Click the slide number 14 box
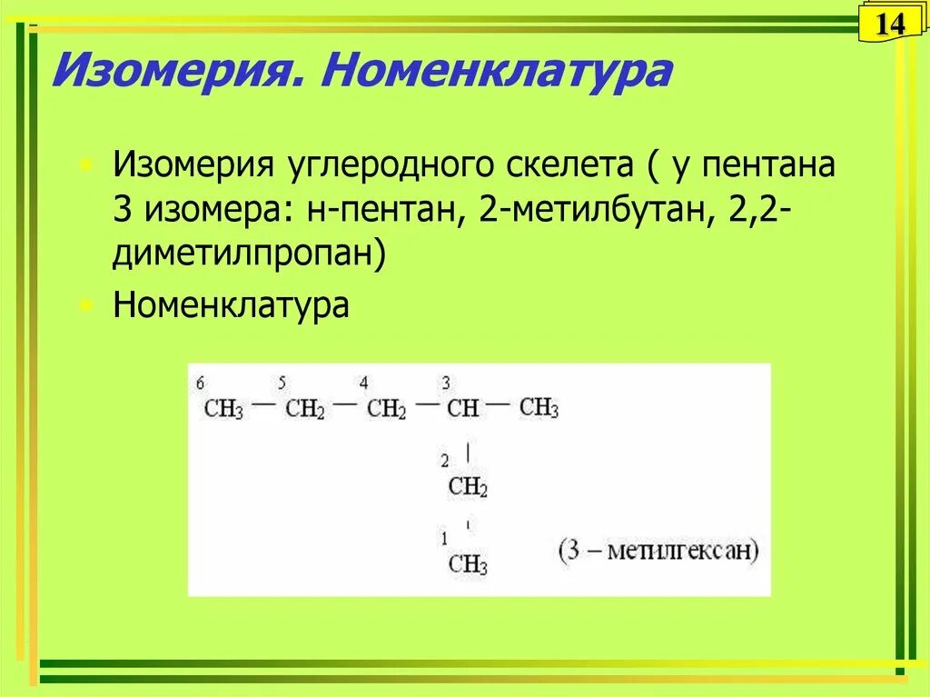tap(890, 24)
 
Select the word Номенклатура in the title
tap(495, 71)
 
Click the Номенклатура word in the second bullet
tap(231, 304)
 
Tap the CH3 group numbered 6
tap(223, 409)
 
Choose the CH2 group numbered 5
tap(304, 409)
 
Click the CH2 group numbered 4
tap(386, 409)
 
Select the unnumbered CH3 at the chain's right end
tap(539, 408)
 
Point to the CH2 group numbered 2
tap(468, 488)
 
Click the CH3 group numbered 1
tap(468, 564)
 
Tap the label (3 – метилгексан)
tap(658, 552)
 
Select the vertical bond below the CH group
tap(468, 452)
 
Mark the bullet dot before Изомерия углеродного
tap(86, 168)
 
